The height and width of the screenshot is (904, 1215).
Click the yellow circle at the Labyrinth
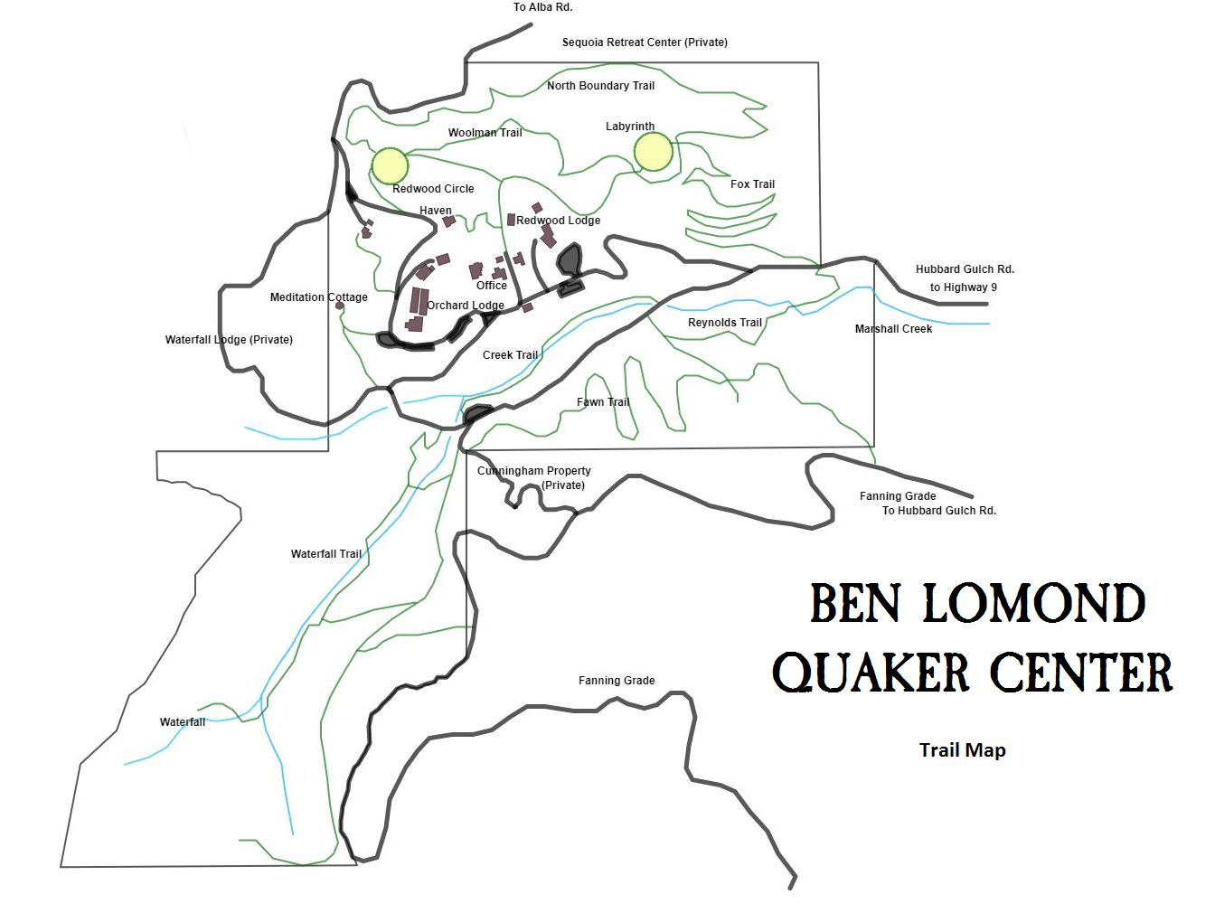pyautogui.click(x=653, y=152)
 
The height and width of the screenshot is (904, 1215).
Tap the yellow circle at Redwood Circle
pyautogui.click(x=390, y=165)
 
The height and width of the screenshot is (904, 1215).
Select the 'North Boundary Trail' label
pyautogui.click(x=600, y=86)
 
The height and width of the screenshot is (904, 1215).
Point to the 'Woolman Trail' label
pyautogui.click(x=485, y=133)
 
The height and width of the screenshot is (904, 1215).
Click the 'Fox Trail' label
pyautogui.click(x=752, y=184)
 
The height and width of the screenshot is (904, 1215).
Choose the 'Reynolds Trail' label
pyautogui.click(x=724, y=323)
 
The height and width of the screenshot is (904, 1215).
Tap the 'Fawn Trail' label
pyautogui.click(x=603, y=402)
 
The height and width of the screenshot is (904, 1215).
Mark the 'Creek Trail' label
pyautogui.click(x=510, y=355)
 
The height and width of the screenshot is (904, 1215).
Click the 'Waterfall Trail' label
pyautogui.click(x=325, y=554)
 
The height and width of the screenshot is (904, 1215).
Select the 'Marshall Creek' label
pyautogui.click(x=893, y=329)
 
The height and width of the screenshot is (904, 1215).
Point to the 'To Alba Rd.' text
pyautogui.click(x=542, y=7)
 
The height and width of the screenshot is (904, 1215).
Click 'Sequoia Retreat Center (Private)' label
pyautogui.click(x=645, y=42)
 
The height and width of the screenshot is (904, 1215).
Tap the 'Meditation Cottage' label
pyautogui.click(x=318, y=297)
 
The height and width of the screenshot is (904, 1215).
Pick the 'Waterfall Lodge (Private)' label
pyautogui.click(x=229, y=340)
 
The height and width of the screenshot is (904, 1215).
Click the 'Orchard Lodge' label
pyautogui.click(x=466, y=306)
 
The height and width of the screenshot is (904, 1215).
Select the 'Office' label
pyautogui.click(x=492, y=286)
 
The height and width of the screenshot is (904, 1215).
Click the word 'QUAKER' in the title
pyautogui.click(x=871, y=673)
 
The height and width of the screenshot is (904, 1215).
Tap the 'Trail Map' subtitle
pyautogui.click(x=962, y=750)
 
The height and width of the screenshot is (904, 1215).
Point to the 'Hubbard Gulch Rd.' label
pyautogui.click(x=965, y=269)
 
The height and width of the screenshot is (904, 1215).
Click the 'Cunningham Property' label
pyautogui.click(x=533, y=471)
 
